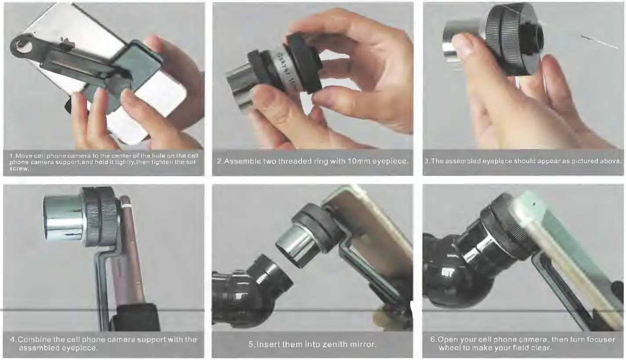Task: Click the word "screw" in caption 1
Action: pos(17,169)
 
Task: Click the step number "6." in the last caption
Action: pos(433,339)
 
